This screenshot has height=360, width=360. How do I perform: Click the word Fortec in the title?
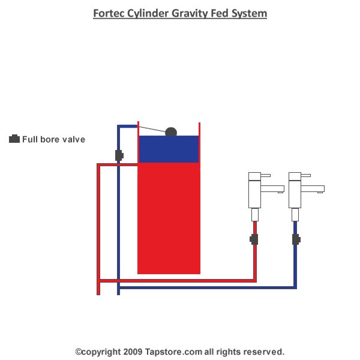coord(109,13)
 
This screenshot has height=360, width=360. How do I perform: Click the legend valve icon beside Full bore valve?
coord(14,139)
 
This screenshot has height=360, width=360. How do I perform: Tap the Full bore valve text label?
coord(54,140)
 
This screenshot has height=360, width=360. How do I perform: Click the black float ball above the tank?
coord(171,131)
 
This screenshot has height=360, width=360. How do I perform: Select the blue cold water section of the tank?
coord(169,149)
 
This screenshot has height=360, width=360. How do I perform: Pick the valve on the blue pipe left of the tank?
coord(119,155)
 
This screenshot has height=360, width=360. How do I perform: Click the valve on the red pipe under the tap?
coord(254,239)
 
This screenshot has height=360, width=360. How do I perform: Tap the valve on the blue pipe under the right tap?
coord(295,239)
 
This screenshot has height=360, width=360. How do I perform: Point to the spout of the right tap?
coord(314,189)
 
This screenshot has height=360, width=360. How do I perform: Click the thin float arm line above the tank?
coord(152,128)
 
